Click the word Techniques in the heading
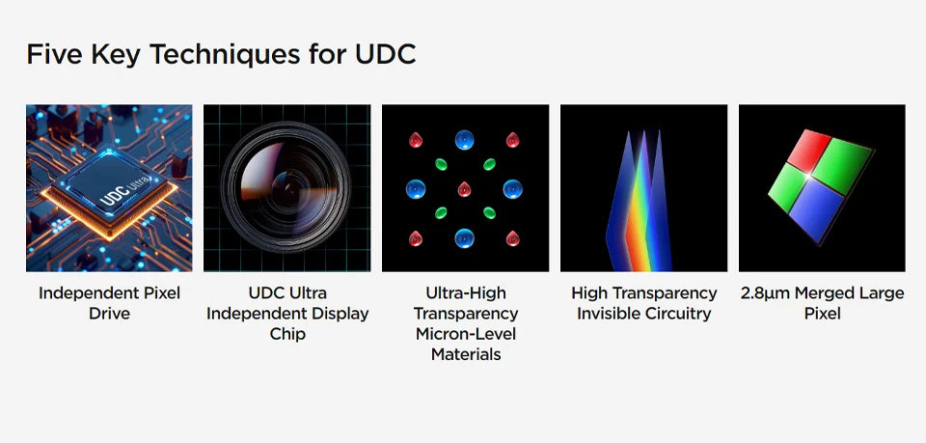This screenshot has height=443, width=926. click(225, 55)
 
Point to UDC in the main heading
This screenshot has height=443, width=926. click(386, 54)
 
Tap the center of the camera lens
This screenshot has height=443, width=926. click(286, 188)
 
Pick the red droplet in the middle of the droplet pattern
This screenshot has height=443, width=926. click(465, 189)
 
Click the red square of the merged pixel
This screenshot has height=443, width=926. click(809, 151)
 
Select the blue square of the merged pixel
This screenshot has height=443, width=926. click(816, 209)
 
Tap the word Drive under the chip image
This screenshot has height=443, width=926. click(109, 314)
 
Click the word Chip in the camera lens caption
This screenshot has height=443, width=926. click(287, 334)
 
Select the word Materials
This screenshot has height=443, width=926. click(466, 354)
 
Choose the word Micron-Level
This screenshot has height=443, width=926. click(466, 334)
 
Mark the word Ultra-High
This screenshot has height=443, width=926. click(466, 293)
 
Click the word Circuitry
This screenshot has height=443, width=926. click(675, 314)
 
